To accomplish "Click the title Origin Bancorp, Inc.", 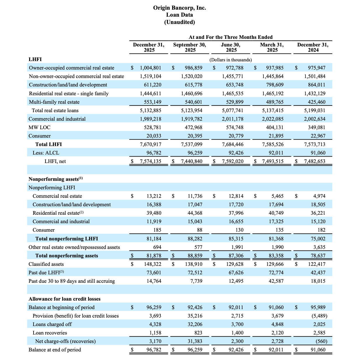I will [179, 8].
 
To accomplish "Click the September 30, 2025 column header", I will [190, 47].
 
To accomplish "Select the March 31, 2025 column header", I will [272, 47].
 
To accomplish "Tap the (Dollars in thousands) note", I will [230, 60].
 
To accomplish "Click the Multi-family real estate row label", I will [54, 102].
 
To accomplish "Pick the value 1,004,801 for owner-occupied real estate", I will [151, 68].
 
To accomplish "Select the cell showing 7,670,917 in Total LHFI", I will [151, 144].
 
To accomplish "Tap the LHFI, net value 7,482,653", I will [314, 161].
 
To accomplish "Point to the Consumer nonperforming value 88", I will [200, 230].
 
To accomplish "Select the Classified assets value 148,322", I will [153, 264].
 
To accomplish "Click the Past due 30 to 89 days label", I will [71, 281].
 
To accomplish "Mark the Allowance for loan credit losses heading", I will [64, 299].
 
